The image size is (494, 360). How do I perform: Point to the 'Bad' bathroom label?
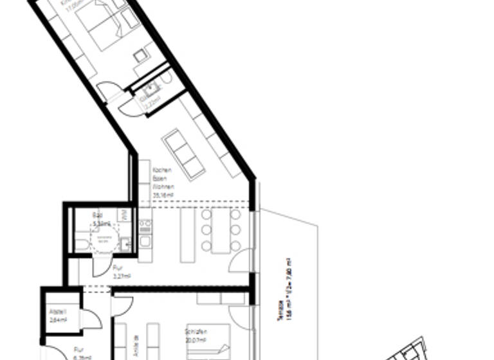98,216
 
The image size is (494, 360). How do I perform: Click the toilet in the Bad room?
81,245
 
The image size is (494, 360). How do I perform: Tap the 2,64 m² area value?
58,319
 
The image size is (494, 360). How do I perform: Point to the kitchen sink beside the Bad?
125,244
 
